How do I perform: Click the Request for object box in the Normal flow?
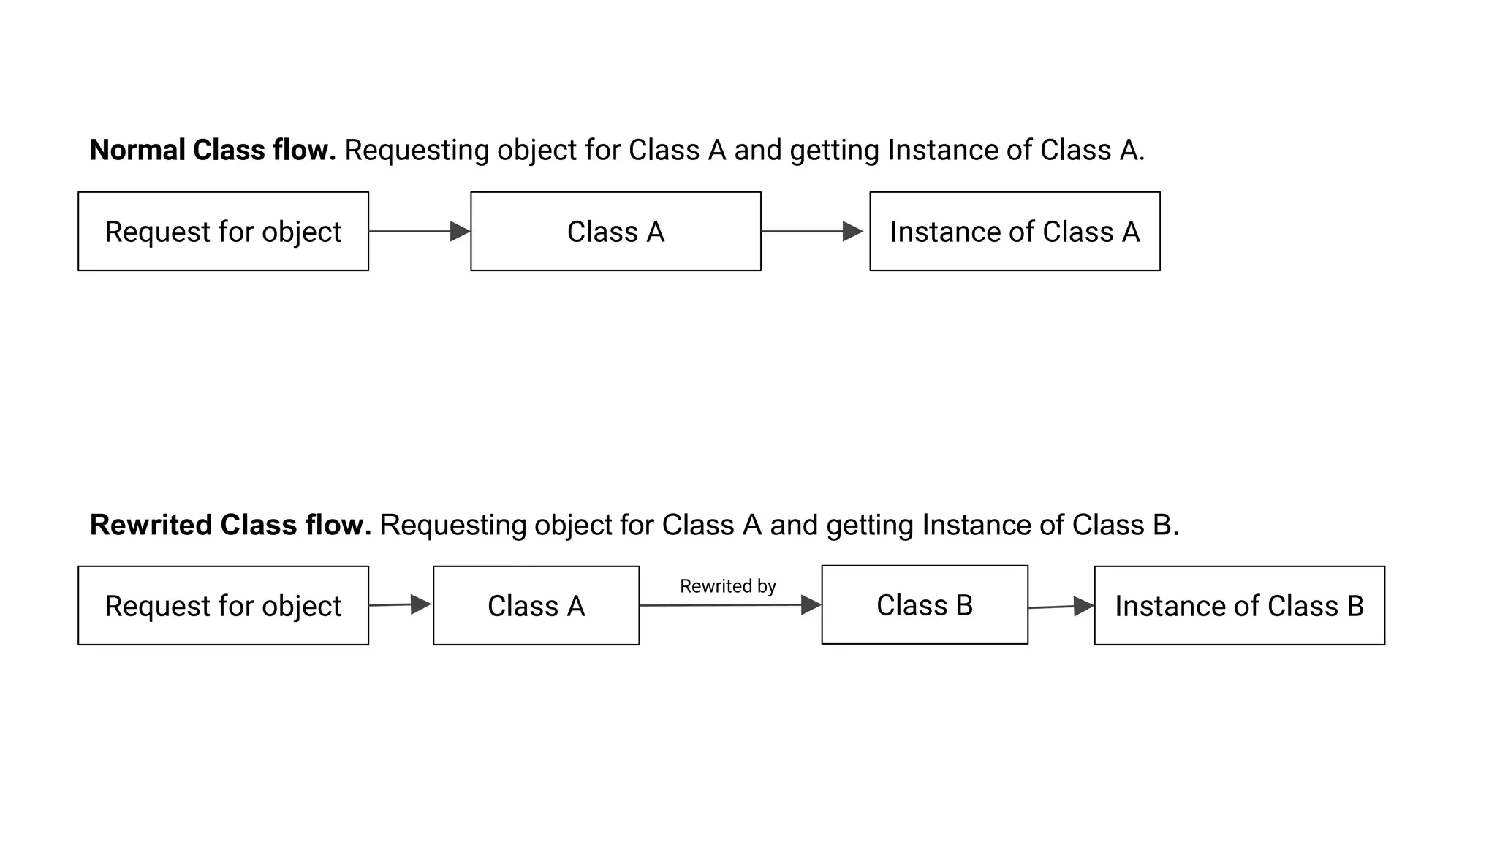(223, 232)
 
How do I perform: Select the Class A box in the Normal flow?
(615, 232)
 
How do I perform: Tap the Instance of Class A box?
(1015, 232)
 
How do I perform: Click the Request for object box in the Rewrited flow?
(223, 606)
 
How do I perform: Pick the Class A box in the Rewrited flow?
(536, 606)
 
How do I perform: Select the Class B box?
(925, 605)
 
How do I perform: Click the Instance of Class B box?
(1239, 606)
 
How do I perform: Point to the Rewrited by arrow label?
(727, 586)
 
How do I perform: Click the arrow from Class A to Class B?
(724, 605)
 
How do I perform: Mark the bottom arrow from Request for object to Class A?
(395, 605)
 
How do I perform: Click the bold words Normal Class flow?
(212, 150)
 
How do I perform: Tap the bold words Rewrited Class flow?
(230, 525)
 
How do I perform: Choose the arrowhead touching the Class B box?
(811, 605)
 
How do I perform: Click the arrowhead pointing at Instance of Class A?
(852, 232)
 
